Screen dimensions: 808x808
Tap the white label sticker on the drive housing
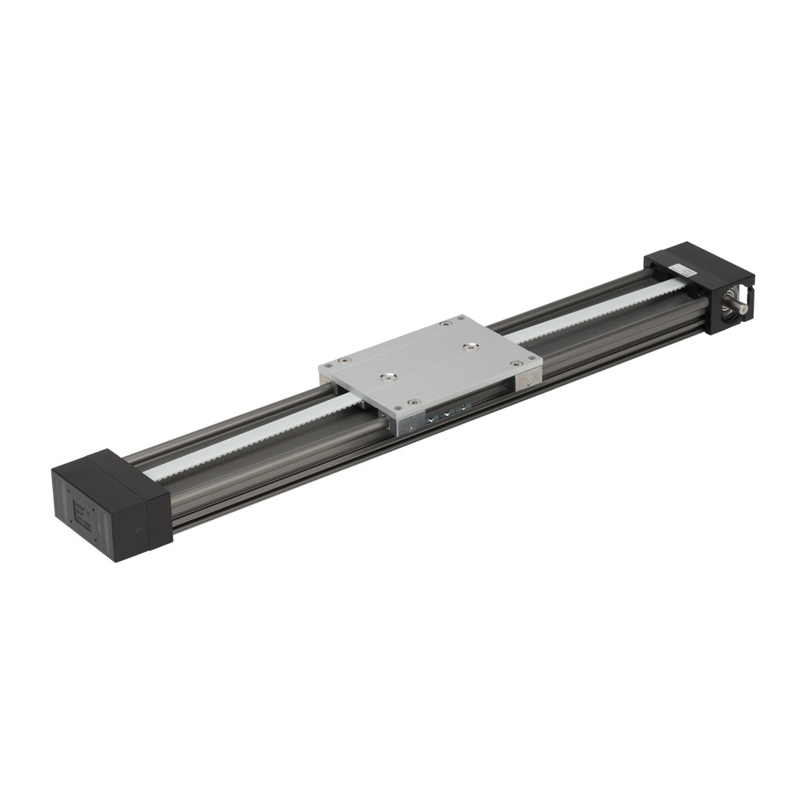[684, 270]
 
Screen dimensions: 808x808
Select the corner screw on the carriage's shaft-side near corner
[515, 364]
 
